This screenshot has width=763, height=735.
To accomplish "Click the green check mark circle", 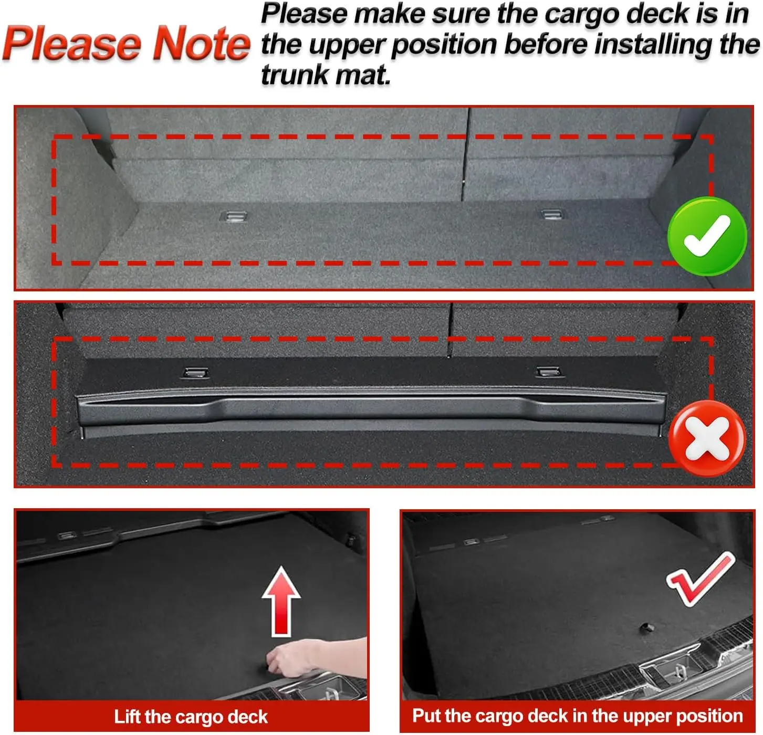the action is (707, 236).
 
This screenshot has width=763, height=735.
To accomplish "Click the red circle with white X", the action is (707, 438).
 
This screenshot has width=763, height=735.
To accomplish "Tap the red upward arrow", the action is (281, 600).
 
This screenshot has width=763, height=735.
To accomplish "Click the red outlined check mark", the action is (700, 578).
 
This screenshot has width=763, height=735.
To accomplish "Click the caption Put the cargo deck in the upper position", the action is (577, 716).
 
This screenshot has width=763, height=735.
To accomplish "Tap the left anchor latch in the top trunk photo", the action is (234, 216).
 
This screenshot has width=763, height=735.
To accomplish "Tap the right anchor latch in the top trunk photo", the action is (552, 214).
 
